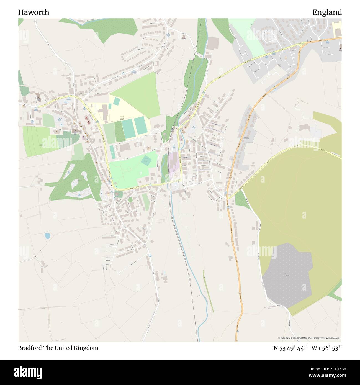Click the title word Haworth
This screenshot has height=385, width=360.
(34, 12)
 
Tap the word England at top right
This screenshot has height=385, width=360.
(327, 12)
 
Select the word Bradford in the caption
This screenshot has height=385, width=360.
(30, 348)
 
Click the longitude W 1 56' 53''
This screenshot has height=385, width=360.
(326, 348)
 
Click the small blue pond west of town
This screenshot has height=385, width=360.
(47, 236)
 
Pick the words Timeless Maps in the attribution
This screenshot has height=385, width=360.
(332, 338)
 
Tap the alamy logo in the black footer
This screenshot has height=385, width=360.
(28, 372)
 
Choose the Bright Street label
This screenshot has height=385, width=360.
(185, 157)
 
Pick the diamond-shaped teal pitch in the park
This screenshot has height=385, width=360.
(146, 161)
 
